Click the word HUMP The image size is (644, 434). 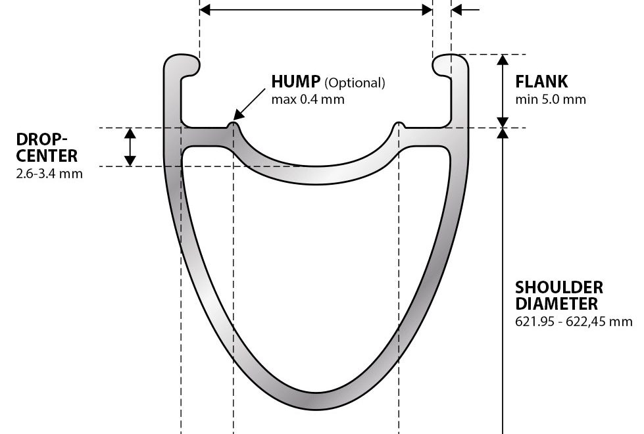pyautogui.click(x=296, y=82)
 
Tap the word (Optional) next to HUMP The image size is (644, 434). pyautogui.click(x=355, y=83)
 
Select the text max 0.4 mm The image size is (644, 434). pyautogui.click(x=308, y=99)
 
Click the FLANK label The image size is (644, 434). pyautogui.click(x=541, y=82)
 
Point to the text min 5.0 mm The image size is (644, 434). pyautogui.click(x=551, y=99)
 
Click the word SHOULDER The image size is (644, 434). pyautogui.click(x=559, y=287)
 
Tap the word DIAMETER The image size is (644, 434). pyautogui.click(x=557, y=304)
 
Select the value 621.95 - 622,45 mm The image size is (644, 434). pyautogui.click(x=574, y=321)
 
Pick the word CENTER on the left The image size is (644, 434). pyautogui.click(x=47, y=156)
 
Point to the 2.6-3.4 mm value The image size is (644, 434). pyautogui.click(x=49, y=174)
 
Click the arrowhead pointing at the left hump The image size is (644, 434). pyautogui.click(x=238, y=115)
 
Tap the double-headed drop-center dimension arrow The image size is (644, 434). pyautogui.click(x=130, y=147)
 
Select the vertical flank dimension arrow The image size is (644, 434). pyautogui.click(x=503, y=91)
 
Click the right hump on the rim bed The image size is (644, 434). pyautogui.click(x=398, y=125)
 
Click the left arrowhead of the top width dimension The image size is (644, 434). pyautogui.click(x=205, y=10)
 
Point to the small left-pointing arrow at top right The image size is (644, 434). pyautogui.click(x=465, y=10)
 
